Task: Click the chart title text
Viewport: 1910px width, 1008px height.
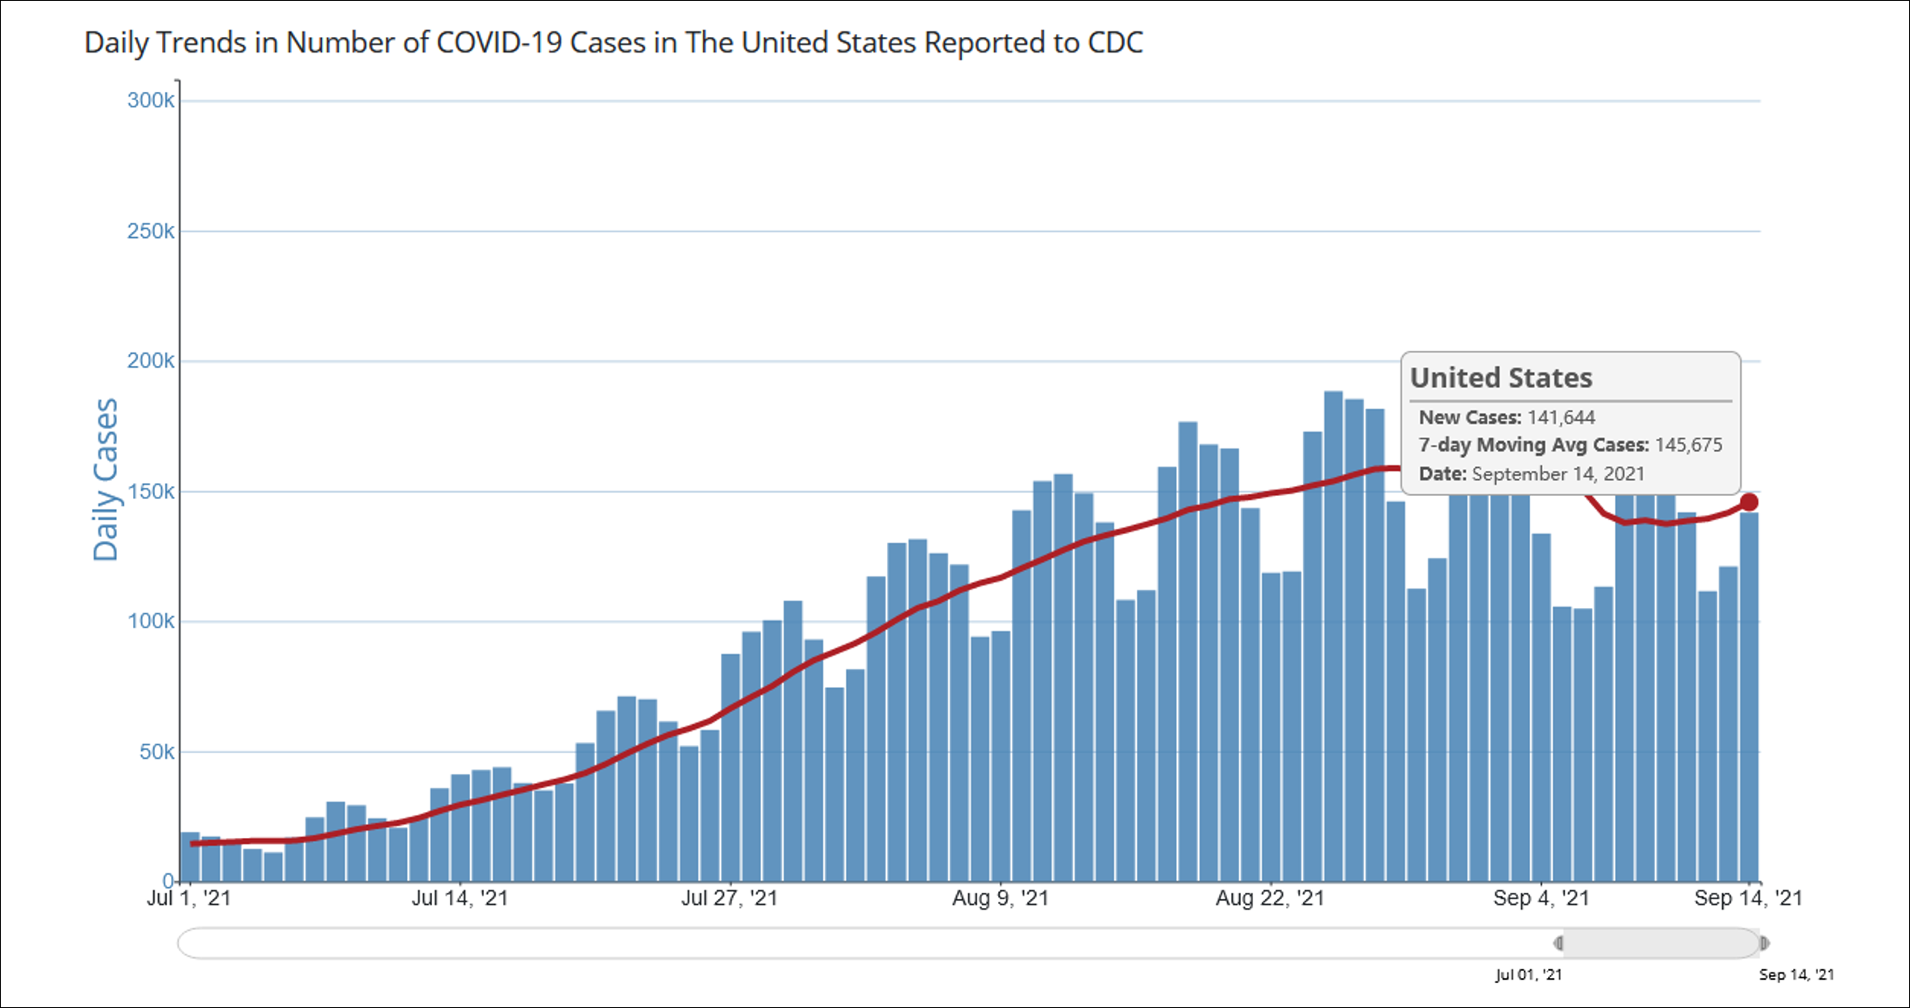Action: pos(613,43)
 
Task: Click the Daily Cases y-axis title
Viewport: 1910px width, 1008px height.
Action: pos(106,480)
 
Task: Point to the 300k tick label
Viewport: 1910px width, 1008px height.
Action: pos(151,101)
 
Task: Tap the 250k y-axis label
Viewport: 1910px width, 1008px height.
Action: pos(151,231)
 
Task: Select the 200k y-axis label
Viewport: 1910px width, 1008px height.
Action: pos(151,361)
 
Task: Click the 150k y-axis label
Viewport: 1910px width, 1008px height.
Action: pos(151,492)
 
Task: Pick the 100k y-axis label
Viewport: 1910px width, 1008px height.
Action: pos(151,622)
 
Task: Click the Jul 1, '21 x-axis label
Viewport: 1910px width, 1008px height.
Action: pos(189,898)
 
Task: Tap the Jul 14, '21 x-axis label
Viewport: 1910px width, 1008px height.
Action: pos(460,898)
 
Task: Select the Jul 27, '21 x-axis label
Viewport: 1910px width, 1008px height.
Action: pos(729,898)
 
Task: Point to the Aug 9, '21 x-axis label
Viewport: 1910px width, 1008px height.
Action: pos(1000,898)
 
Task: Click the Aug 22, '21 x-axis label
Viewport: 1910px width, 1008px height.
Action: pos(1270,898)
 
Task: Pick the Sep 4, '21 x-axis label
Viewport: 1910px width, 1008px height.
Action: pos(1541,898)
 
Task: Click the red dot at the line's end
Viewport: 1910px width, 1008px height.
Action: pos(1749,502)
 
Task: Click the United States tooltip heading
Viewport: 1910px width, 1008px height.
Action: pos(1500,377)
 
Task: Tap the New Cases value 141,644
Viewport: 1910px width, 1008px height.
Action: pos(1561,418)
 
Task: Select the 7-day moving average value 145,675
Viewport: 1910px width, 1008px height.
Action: pos(1688,445)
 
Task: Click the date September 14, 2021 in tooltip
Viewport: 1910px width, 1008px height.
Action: pos(1558,473)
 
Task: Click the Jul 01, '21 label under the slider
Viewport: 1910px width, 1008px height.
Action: pos(1528,975)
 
